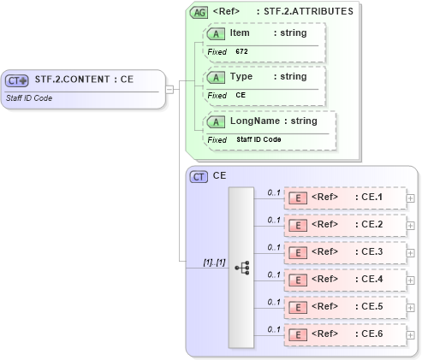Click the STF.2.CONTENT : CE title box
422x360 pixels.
82,80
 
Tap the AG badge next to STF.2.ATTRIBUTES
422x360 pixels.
199,13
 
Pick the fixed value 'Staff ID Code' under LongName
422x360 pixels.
259,139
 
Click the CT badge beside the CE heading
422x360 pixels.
199,176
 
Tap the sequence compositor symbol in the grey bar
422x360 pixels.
241,267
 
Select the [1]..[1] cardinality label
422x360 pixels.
213,262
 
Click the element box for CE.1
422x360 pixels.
345,198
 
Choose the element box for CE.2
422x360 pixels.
345,225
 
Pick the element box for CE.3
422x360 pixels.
345,252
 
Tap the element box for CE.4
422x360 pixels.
345,280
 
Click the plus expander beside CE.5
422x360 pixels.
411,307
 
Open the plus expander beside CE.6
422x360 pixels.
411,334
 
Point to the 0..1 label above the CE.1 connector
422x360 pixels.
274,192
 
